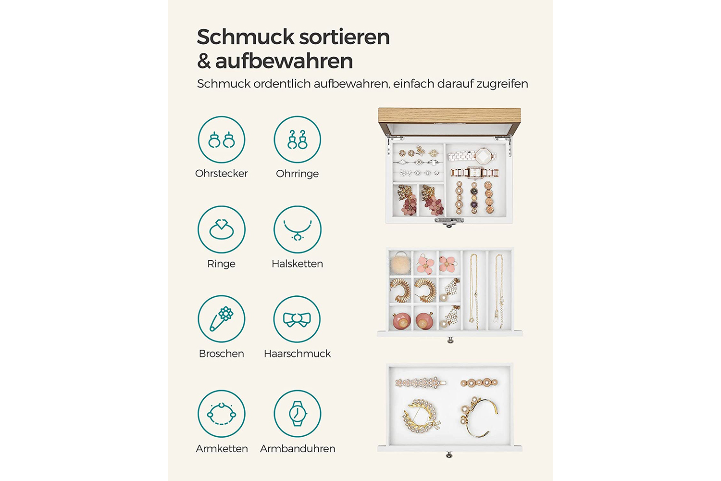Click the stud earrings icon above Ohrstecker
point(222,139)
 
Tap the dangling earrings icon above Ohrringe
point(298,139)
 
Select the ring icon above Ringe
point(222,229)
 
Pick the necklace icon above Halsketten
point(298,229)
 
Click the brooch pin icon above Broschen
point(222,319)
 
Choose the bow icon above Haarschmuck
point(297,319)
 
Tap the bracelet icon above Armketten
point(222,414)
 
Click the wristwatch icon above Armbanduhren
point(298,414)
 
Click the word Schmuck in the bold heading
point(245,37)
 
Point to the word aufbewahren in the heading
point(284,61)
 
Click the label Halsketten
point(297,264)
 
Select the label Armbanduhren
point(298,448)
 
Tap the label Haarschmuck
point(297,354)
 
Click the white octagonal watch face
point(483,156)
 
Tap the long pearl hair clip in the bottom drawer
point(421,383)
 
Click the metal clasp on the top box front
point(449,221)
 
